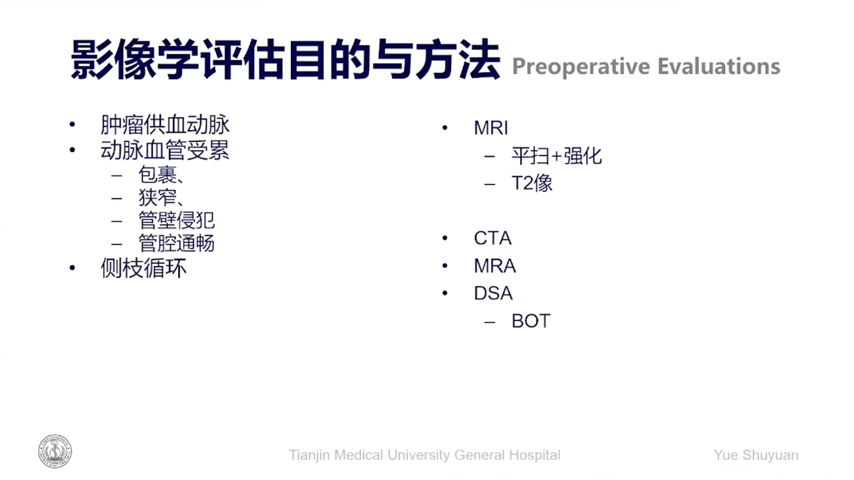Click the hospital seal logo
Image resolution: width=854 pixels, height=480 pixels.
point(55,451)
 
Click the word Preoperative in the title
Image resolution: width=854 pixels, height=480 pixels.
point(581,67)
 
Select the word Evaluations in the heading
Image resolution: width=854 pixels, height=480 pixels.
point(719,66)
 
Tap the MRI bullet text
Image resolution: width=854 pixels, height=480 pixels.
point(491,128)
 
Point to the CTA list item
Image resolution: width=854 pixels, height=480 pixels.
point(492,239)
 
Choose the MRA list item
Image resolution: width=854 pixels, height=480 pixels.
point(495,266)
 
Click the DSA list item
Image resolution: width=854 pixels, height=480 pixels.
point(493,293)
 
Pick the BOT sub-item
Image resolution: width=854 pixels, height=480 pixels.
point(531,321)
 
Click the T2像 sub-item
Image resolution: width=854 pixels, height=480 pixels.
point(532,183)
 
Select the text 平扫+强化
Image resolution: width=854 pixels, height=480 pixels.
point(556,156)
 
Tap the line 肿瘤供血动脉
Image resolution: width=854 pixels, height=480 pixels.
point(165,125)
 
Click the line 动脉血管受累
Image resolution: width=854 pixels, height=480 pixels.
point(165,150)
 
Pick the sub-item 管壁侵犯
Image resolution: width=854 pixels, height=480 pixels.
point(177,220)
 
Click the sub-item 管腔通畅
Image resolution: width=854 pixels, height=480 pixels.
point(177,243)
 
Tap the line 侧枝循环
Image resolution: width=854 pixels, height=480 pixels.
point(143,268)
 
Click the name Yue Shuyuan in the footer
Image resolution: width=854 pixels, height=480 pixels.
point(756,455)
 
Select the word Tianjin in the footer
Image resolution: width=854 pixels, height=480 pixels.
point(309,455)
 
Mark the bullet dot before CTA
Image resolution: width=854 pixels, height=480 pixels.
point(445,239)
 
